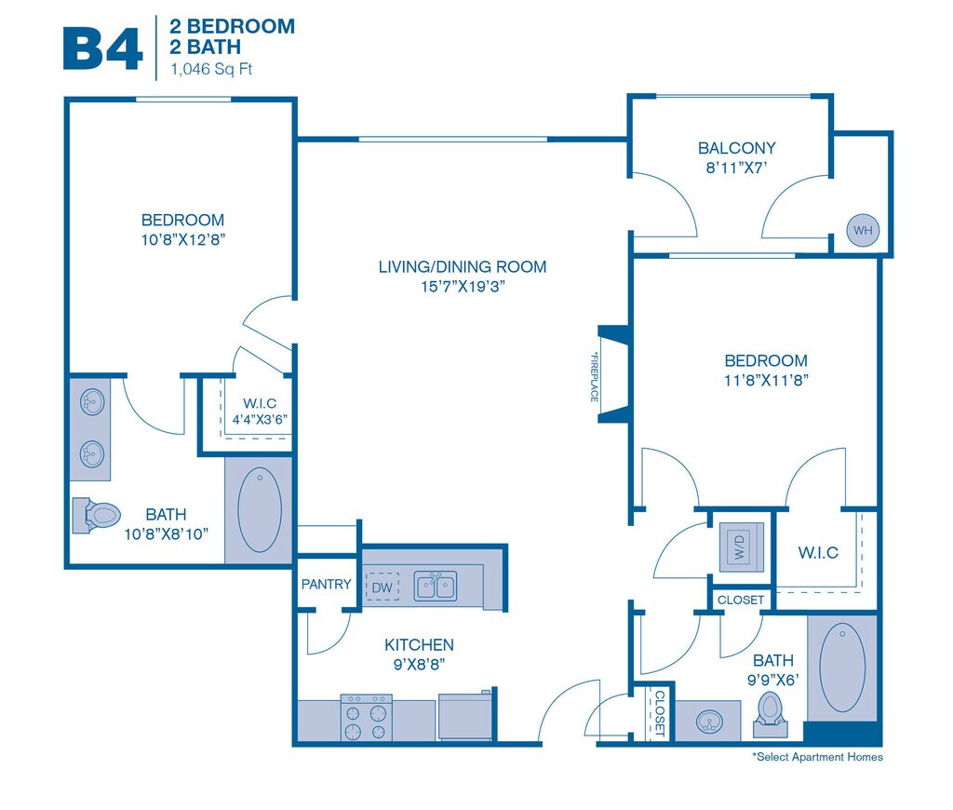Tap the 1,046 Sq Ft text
[x=211, y=68]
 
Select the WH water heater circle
[x=862, y=230]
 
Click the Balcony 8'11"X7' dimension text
[x=736, y=169]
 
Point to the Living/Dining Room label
[x=463, y=267]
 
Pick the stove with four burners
[x=366, y=718]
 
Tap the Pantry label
[x=326, y=585]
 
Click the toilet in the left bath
[x=97, y=514]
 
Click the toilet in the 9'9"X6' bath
[x=770, y=710]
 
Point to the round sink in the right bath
[x=709, y=722]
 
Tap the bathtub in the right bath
[x=842, y=667]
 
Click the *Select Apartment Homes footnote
[x=817, y=757]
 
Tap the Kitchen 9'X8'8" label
[x=419, y=654]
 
